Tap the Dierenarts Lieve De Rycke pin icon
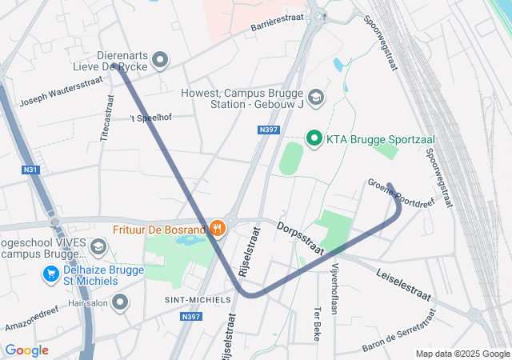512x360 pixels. [160, 59]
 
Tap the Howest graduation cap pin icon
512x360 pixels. [316, 97]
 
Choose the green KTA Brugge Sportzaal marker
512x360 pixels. [314, 139]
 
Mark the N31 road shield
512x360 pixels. [31, 169]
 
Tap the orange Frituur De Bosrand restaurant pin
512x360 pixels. [217, 229]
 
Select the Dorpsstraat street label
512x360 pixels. [300, 238]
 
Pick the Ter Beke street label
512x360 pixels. [318, 320]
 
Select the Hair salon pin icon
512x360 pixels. [120, 302]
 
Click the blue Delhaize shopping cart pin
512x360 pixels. [50, 274]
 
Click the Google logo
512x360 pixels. [26, 350]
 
